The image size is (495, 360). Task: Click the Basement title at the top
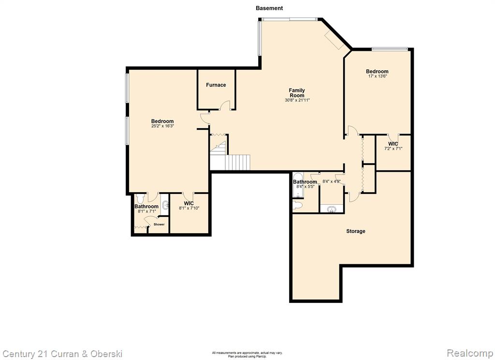pyautogui.click(x=269, y=8)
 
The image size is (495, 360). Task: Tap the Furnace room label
pyautogui.click(x=216, y=85)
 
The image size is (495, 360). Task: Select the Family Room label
pyautogui.click(x=297, y=92)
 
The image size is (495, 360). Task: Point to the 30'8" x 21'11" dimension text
pyautogui.click(x=297, y=100)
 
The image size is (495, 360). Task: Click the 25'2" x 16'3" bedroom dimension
pyautogui.click(x=162, y=126)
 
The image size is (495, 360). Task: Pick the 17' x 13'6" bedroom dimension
pyautogui.click(x=377, y=76)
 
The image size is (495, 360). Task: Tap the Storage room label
pyautogui.click(x=356, y=231)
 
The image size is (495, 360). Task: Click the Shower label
pyautogui.click(x=159, y=225)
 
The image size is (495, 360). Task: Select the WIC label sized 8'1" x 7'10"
pyautogui.click(x=189, y=203)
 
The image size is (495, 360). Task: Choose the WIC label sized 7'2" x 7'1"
pyautogui.click(x=393, y=144)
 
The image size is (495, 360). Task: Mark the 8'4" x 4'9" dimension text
pyautogui.click(x=332, y=182)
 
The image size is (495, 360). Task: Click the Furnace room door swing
pyautogui.click(x=225, y=105)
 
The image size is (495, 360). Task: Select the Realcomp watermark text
pyautogui.click(x=470, y=353)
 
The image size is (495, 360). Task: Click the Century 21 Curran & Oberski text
pyautogui.click(x=62, y=354)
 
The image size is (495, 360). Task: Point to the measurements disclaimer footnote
pyautogui.click(x=247, y=354)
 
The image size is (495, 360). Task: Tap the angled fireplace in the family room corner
pyautogui.click(x=335, y=40)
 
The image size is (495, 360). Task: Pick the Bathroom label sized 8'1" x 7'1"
pyautogui.click(x=146, y=207)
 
